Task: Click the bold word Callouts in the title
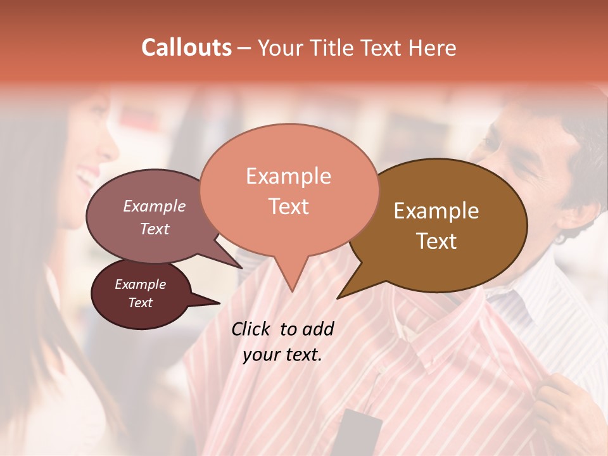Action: click(x=186, y=47)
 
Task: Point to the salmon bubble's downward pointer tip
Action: click(x=291, y=291)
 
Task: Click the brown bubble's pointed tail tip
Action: click(x=338, y=298)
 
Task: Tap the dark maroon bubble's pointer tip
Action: click(x=219, y=303)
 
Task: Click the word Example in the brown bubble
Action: click(x=436, y=211)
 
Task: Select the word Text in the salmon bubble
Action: click(x=289, y=206)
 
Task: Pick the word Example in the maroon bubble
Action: click(x=141, y=284)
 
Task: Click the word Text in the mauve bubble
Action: click(x=155, y=229)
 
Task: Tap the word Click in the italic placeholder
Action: click(x=253, y=329)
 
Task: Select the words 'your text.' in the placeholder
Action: click(x=282, y=355)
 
